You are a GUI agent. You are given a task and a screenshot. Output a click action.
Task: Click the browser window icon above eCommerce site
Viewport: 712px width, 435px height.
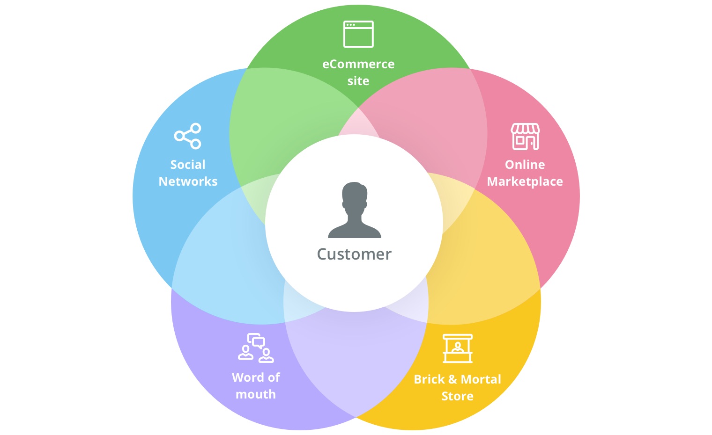[358, 34]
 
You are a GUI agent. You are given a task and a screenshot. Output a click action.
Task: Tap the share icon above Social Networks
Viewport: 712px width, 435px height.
[188, 136]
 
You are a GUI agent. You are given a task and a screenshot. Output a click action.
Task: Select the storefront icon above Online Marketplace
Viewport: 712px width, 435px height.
[525, 137]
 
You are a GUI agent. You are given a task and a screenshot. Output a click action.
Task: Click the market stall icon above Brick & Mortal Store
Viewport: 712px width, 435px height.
[458, 348]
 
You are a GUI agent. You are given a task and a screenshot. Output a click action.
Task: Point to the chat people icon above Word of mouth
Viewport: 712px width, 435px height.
[256, 348]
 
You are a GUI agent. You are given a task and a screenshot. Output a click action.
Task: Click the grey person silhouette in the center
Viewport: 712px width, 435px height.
[355, 210]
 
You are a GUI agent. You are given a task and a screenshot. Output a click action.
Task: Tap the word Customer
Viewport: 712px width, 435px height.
[354, 254]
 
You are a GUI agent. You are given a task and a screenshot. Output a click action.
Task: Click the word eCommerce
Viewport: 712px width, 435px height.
[358, 64]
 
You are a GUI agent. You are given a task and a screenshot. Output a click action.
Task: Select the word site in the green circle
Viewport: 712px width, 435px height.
[358, 81]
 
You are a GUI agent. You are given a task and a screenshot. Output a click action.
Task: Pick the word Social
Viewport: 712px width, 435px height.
[188, 165]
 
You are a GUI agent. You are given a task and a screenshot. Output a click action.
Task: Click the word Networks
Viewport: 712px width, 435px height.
[188, 181]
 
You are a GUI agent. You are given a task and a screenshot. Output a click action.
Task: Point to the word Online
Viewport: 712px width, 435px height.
[525, 165]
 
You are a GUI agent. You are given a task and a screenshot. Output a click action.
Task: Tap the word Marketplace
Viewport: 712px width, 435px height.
[525, 181]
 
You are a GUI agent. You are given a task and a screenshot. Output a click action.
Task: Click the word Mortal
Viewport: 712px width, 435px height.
[481, 379]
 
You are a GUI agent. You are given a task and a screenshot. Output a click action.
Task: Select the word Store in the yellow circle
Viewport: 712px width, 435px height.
[457, 396]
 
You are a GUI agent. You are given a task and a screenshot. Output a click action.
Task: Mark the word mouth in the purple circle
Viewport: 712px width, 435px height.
[256, 394]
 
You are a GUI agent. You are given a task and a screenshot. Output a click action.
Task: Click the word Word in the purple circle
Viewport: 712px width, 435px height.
[247, 377]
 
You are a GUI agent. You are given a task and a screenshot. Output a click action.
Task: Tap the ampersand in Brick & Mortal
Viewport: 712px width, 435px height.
[452, 379]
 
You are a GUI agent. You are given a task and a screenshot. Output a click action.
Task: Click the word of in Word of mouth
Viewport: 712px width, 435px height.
[274, 377]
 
